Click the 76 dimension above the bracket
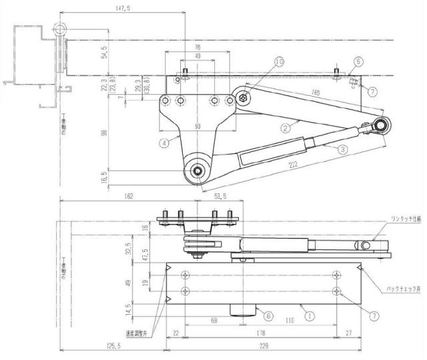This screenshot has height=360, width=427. pyautogui.click(x=198, y=48)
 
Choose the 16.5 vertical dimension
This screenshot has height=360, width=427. pyautogui.click(x=104, y=179)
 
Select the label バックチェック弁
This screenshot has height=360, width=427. pyautogui.click(x=403, y=289)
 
